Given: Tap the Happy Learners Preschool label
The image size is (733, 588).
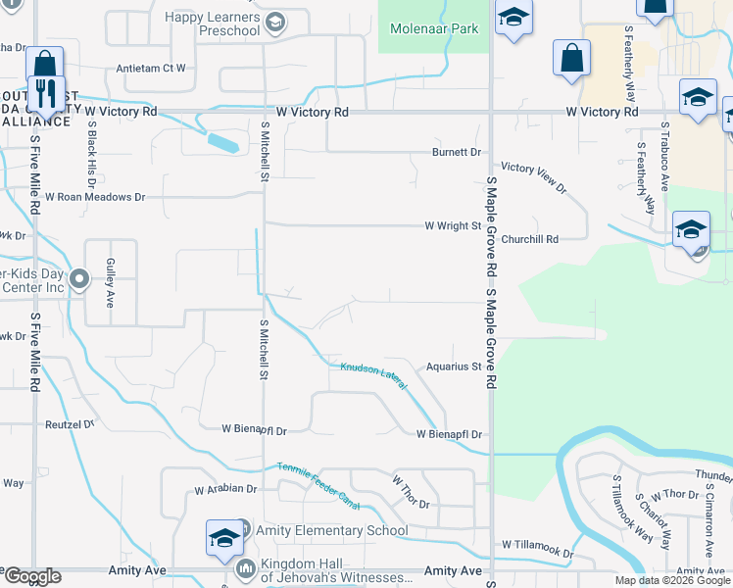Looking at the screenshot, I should pos(213,24).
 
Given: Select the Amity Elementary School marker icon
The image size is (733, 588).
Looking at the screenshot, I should pos(223,537).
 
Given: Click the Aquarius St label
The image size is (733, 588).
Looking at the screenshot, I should pos(451,367).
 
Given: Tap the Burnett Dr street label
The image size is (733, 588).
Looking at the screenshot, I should pos(458,152).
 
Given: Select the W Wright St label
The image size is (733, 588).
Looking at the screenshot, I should pos(454,225).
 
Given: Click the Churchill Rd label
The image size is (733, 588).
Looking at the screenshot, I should pos(529,238).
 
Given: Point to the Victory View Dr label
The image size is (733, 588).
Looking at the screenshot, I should pos(534,177).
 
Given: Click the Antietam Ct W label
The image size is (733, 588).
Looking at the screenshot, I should pos(151,69).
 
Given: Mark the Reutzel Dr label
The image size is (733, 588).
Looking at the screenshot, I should pos(69,424).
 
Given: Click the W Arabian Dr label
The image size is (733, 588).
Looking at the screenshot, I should pos(225,488).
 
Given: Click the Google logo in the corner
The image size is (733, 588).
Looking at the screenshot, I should pos(32,576).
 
